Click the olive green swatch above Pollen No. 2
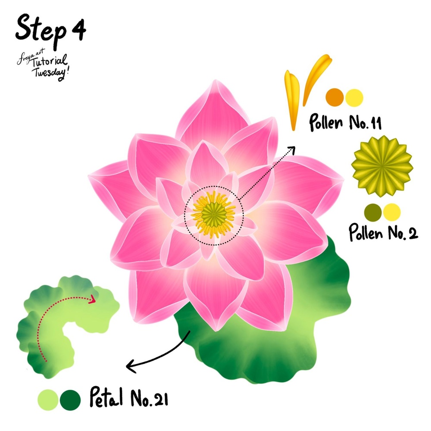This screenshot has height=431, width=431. coord(373,212)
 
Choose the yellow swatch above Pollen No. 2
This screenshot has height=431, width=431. coord(392,212)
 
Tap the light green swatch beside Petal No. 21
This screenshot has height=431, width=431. coord(48,399)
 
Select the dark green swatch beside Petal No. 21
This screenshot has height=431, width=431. coord(70,399)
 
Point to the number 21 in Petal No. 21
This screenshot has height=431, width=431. coord(159,399)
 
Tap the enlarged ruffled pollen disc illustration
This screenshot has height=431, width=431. coord(382,166)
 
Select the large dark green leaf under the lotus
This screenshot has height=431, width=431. coord(276,340)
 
